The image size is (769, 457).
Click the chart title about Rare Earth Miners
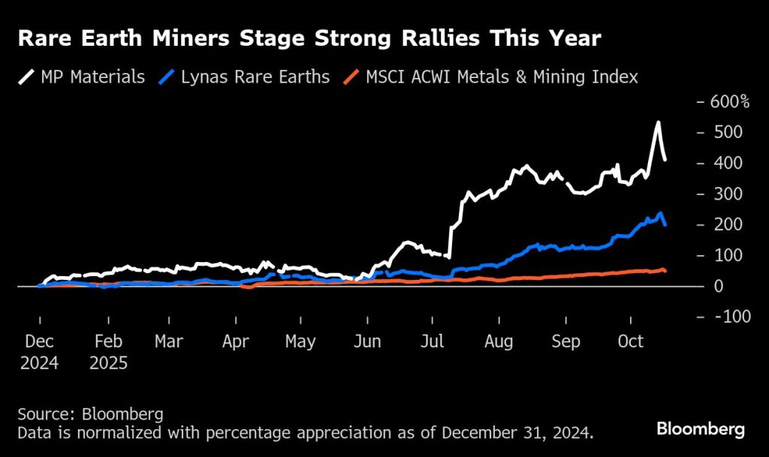tap(309, 38)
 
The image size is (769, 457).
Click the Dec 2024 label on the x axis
tap(40, 352)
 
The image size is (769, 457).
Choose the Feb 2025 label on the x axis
tap(109, 352)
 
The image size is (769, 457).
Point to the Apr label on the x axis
tap(236, 342)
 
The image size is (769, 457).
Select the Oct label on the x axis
tap(630, 342)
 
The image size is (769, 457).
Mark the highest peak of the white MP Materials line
tap(658, 122)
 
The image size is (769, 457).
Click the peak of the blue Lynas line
tap(660, 214)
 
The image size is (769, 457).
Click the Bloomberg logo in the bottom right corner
tap(701, 429)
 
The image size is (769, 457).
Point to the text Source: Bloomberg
tap(90, 414)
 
